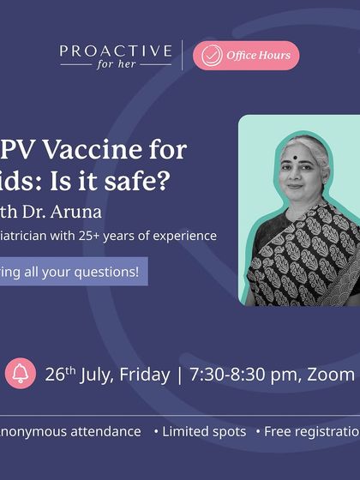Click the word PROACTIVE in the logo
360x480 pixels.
[x=116, y=52]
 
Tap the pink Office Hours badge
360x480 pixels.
[x=246, y=56]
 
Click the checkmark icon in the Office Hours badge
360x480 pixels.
[x=209, y=56]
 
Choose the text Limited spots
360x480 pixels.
[x=204, y=432]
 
